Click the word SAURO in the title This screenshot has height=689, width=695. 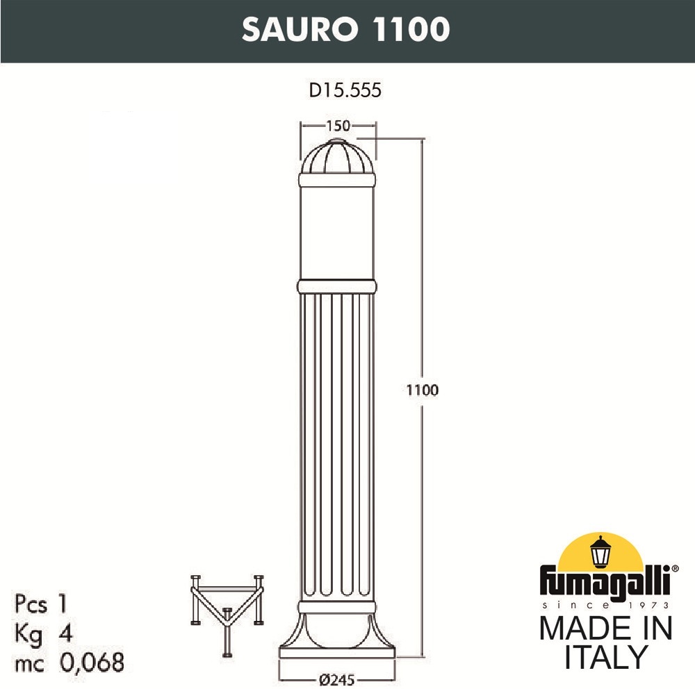300,29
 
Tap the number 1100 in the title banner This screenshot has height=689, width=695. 411,29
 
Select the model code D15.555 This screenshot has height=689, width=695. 345,90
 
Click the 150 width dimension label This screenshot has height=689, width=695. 338,126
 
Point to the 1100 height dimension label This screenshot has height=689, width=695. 423,390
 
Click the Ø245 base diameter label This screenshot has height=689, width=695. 337,680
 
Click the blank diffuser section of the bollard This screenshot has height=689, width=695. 337,233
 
